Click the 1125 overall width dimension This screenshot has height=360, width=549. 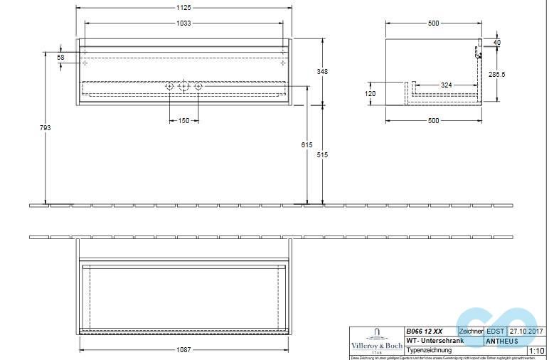pos(184,9)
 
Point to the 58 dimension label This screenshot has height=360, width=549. pos(60,57)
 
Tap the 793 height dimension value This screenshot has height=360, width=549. pos(46,128)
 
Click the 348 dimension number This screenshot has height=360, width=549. pos(324,71)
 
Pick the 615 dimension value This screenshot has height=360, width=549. pos(307,144)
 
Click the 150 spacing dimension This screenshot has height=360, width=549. pos(183,121)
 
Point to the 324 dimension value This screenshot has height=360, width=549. pos(447,85)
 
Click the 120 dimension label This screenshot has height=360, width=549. pos(371,93)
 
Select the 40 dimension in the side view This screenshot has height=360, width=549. pos(497,43)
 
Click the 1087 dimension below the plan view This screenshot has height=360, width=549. pos(184,349)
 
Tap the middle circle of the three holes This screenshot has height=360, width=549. pos(183,87)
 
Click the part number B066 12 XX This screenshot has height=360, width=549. pos(424,331)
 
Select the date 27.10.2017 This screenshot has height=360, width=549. pos(526,331)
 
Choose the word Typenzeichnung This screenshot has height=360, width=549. pos(429,350)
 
